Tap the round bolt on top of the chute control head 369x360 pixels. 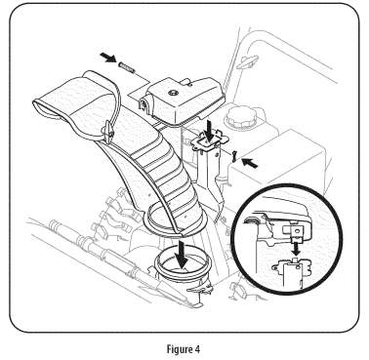click(173, 93)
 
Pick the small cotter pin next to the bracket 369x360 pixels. click(234, 152)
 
